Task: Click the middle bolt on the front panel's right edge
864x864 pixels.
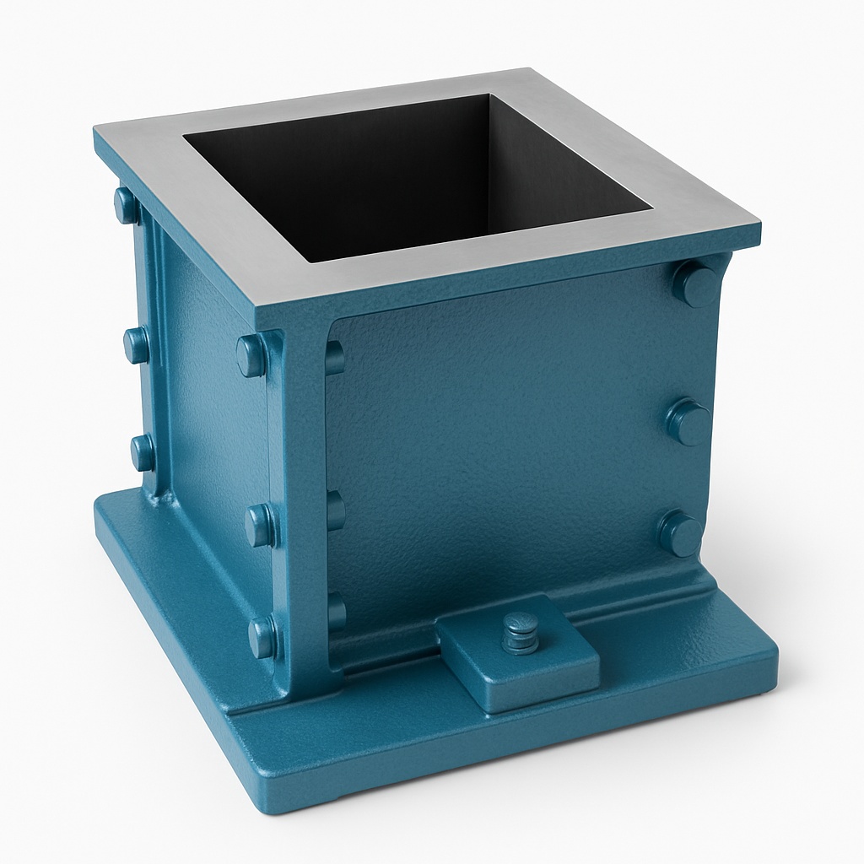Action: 688,422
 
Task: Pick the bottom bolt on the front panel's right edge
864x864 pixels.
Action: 680,534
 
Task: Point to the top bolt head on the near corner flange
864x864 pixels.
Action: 251,355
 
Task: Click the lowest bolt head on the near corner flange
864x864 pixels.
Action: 262,637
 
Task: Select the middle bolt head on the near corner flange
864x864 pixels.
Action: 259,525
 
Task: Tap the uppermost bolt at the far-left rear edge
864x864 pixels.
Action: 127,205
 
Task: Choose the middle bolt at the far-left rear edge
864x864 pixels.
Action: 136,345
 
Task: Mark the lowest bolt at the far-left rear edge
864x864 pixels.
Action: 143,453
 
